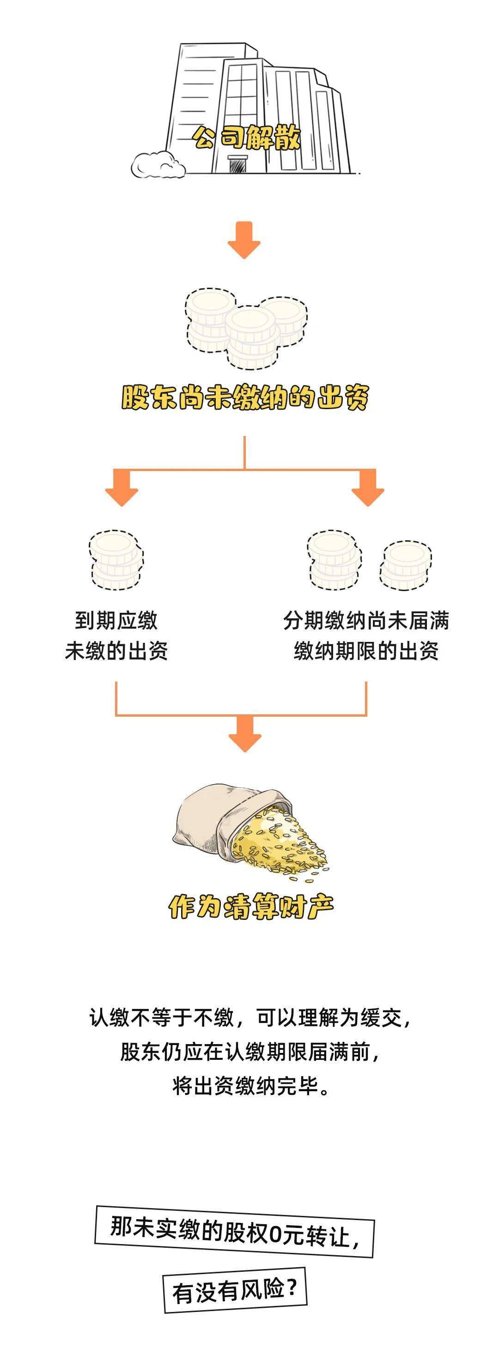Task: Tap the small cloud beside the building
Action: (x=158, y=164)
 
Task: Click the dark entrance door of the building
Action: (x=237, y=164)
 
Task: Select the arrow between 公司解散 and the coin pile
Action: (x=244, y=240)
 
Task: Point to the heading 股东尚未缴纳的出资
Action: (x=245, y=397)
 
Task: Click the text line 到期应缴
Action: (x=116, y=620)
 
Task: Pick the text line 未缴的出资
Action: (x=116, y=651)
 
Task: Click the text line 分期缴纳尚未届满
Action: (x=366, y=620)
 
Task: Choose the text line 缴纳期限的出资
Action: (x=366, y=651)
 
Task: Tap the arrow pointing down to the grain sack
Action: (x=245, y=734)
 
